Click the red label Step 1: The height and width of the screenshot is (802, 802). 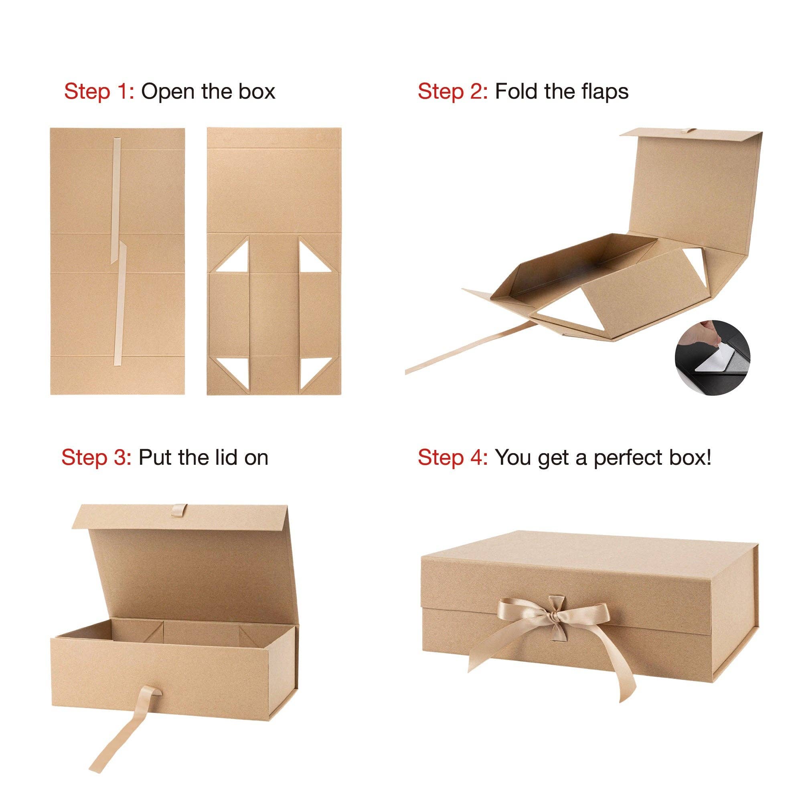[99, 91]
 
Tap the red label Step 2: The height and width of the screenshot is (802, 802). [452, 91]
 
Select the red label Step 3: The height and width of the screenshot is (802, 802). [96, 458]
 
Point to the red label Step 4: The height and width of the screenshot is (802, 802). [452, 458]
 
